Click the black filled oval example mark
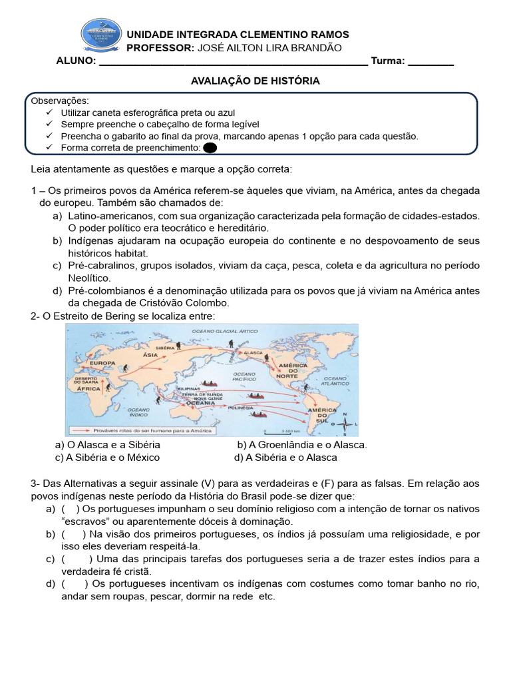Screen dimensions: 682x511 pyautogui.click(x=210, y=148)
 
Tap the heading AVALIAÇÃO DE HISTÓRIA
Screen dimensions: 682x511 pyautogui.click(x=255, y=81)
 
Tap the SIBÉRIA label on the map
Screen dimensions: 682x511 pyautogui.click(x=165, y=348)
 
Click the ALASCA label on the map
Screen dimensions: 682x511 pyautogui.click(x=254, y=352)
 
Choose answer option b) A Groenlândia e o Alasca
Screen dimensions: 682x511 pyautogui.click(x=302, y=444)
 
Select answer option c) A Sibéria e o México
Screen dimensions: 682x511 pyautogui.click(x=108, y=458)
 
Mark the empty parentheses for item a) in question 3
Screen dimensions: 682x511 pyautogui.click(x=70, y=509)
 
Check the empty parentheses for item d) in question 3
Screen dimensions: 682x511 pyautogui.click(x=74, y=583)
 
